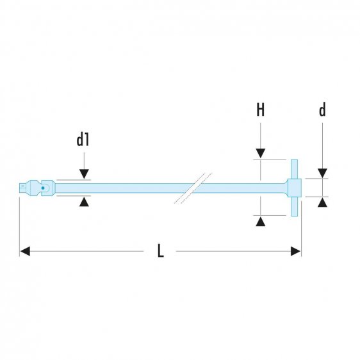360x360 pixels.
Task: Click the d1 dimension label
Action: click(83, 140)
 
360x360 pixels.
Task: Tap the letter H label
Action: click(260, 110)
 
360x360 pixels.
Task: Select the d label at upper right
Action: click(322, 110)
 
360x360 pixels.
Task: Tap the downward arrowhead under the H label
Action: click(260, 154)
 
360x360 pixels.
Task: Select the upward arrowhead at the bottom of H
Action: click(260, 221)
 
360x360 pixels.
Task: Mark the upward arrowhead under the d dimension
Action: click(322, 202)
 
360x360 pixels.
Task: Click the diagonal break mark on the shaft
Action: click(192, 188)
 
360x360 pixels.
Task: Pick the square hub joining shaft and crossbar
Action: click(295, 188)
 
